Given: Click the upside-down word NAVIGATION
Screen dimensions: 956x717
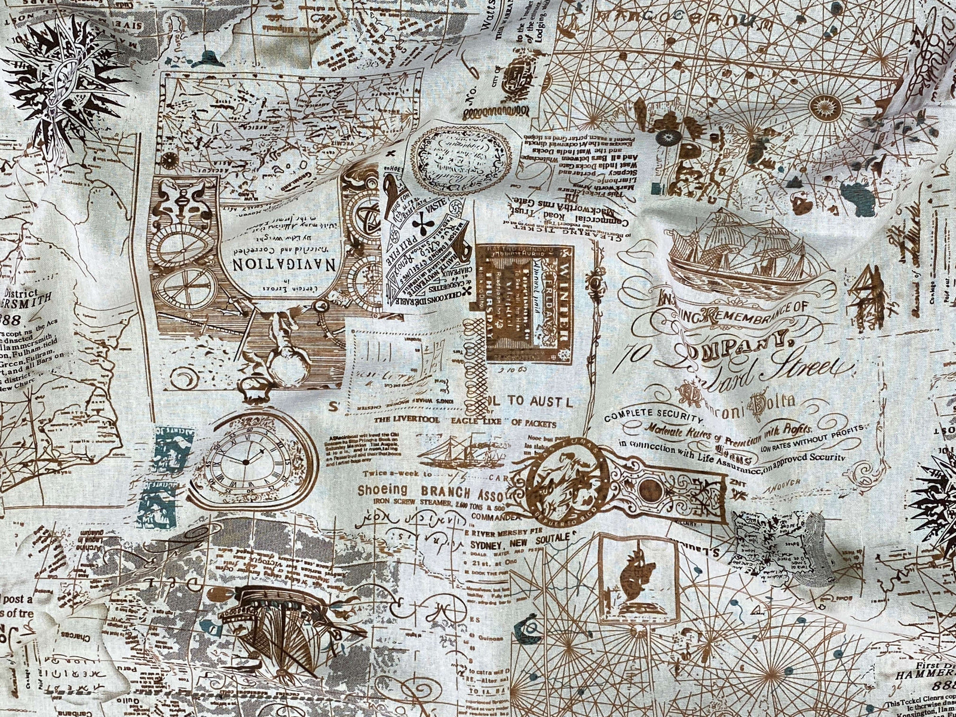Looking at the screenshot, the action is click(x=272, y=263).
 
